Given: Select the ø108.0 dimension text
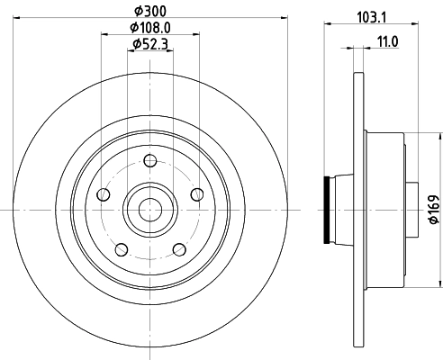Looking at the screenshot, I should (149, 27).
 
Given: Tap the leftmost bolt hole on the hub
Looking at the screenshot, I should (104, 194).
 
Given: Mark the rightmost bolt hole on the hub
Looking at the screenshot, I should (194, 194).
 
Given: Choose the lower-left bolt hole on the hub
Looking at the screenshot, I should (121, 247).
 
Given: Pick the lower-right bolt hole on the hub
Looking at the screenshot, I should (177, 247).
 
